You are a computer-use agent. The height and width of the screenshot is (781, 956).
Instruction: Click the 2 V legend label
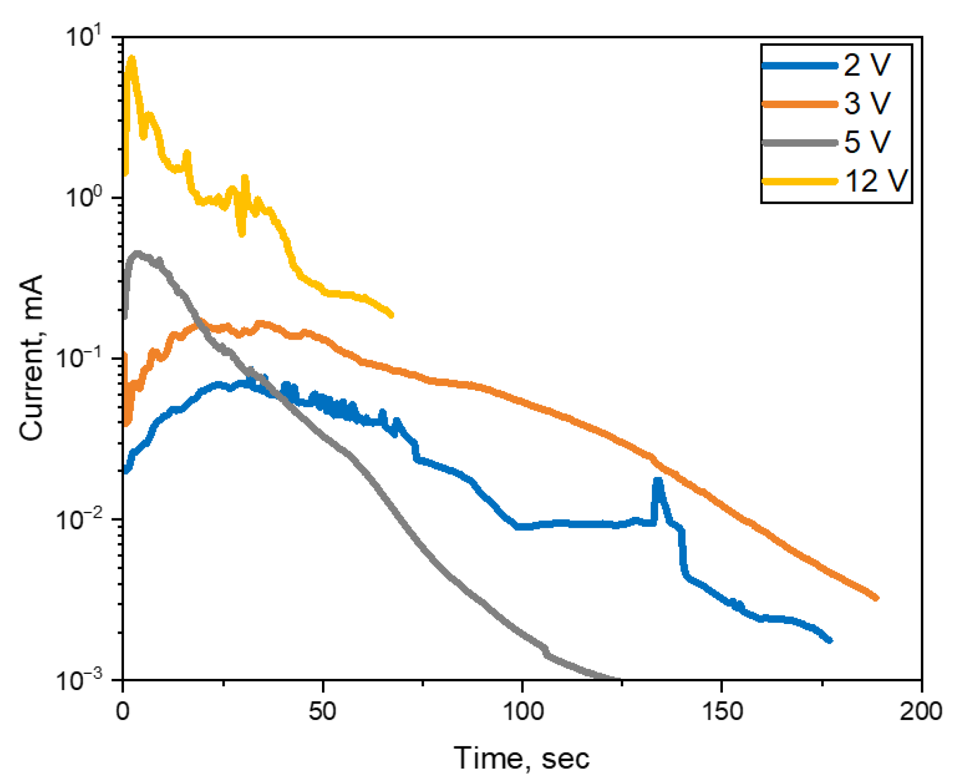[x=867, y=65]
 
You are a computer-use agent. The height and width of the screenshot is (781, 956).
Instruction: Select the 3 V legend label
[x=867, y=104]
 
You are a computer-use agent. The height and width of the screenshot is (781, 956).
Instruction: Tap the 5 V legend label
[x=867, y=142]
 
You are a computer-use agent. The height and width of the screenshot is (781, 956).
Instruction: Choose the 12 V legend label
[x=876, y=181]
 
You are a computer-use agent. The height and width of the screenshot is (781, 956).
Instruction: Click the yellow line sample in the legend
[x=799, y=181]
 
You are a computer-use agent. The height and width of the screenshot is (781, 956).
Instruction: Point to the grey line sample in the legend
[x=799, y=143]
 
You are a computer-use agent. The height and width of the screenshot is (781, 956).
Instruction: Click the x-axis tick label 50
[x=322, y=711]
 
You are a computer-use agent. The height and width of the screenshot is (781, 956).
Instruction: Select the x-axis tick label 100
[x=522, y=711]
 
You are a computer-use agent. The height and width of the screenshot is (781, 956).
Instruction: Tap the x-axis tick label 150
[x=722, y=711]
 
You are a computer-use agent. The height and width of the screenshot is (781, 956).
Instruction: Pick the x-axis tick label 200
[x=921, y=711]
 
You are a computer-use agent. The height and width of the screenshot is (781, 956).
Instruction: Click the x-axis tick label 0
[x=122, y=711]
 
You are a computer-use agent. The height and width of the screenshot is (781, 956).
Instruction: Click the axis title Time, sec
[x=521, y=758]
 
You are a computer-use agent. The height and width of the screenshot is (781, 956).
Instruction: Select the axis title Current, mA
[x=32, y=357]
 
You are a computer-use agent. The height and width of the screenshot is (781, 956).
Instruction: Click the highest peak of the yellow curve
[x=131, y=59]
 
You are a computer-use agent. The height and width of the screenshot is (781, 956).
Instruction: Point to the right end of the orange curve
[x=876, y=598]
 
